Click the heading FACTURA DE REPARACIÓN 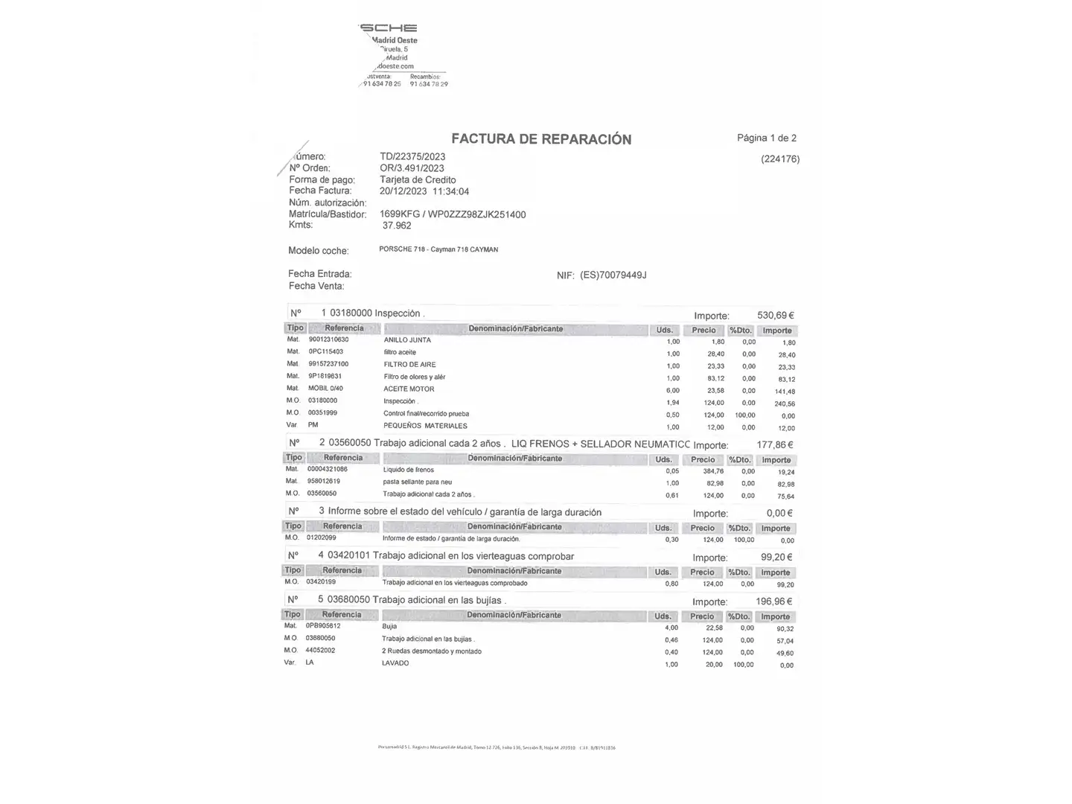[x=541, y=139]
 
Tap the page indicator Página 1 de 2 [x=766, y=138]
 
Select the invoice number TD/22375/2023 [x=412, y=156]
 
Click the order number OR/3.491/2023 [x=412, y=168]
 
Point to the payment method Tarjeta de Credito [x=418, y=179]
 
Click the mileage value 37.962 [x=397, y=226]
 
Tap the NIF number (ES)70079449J [x=613, y=275]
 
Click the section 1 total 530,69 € [x=775, y=315]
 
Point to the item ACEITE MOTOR [x=409, y=389]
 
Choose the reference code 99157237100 [x=328, y=364]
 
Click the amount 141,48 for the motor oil [x=785, y=392]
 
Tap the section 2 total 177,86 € [x=774, y=444]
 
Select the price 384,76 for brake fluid [x=712, y=471]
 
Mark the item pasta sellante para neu [x=417, y=482]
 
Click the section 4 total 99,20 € [x=776, y=557]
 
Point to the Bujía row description [x=389, y=627]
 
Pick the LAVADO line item [x=395, y=663]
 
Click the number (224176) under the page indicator [x=780, y=159]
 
